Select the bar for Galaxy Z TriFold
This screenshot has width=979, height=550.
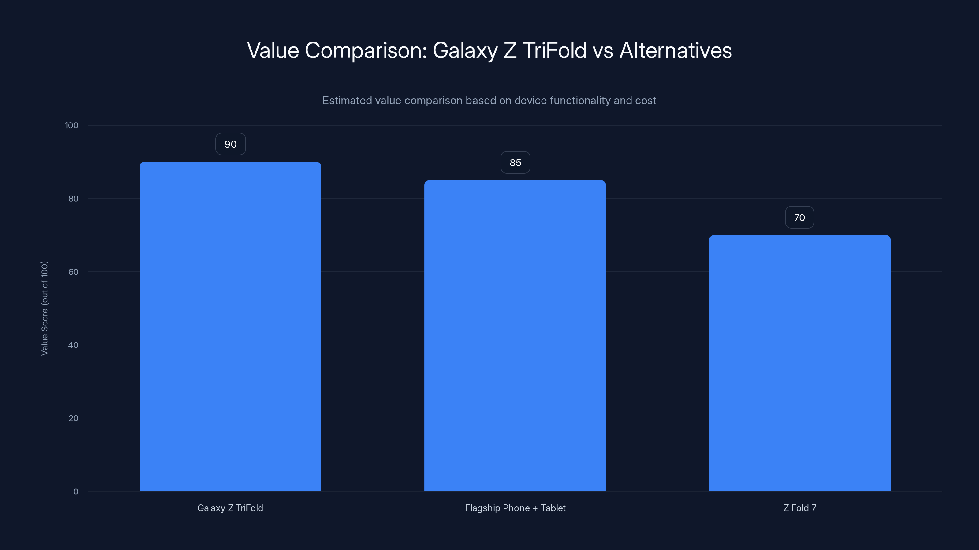click(230, 326)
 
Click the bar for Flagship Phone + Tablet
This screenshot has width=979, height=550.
click(515, 335)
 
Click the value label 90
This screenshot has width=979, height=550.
click(230, 144)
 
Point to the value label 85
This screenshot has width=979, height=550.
click(515, 163)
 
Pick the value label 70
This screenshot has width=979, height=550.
click(800, 218)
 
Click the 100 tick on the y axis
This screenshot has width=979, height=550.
click(72, 126)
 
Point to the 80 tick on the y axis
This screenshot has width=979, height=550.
click(73, 199)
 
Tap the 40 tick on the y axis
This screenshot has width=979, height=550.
click(73, 345)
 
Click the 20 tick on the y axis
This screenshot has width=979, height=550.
click(73, 419)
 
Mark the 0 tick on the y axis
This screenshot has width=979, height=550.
click(76, 492)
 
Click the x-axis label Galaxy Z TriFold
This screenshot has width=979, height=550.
click(230, 508)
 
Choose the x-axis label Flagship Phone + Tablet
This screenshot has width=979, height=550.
click(515, 508)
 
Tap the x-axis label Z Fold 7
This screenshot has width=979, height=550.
click(800, 508)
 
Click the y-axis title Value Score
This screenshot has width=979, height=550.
click(44, 308)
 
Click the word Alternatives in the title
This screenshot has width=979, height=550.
click(675, 50)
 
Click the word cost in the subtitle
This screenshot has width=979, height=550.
click(646, 101)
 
